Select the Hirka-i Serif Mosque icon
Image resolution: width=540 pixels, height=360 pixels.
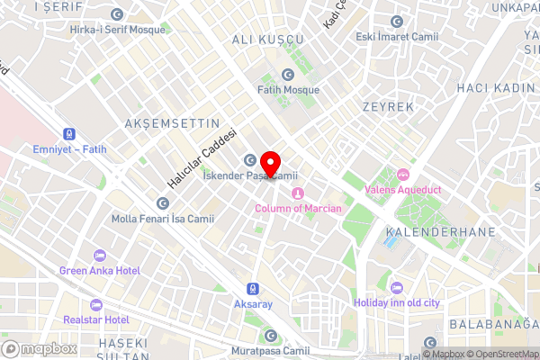[118, 15]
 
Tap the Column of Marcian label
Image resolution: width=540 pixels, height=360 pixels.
[298, 209]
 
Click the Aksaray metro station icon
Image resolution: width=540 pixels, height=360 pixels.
[254, 289]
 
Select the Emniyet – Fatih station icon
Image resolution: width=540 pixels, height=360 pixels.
[57, 132]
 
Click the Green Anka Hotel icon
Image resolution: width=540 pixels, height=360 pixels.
[100, 255]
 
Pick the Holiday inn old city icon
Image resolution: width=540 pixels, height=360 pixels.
[397, 288]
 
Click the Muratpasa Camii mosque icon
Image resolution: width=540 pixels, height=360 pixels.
[270, 336]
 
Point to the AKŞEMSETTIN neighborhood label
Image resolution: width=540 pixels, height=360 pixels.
[173, 121]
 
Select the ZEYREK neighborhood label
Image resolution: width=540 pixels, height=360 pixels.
[387, 106]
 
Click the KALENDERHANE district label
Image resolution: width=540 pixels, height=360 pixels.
[427, 231]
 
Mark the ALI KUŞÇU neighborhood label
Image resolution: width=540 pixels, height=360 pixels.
[268, 40]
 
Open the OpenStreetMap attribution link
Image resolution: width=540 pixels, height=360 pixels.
[499, 354]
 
